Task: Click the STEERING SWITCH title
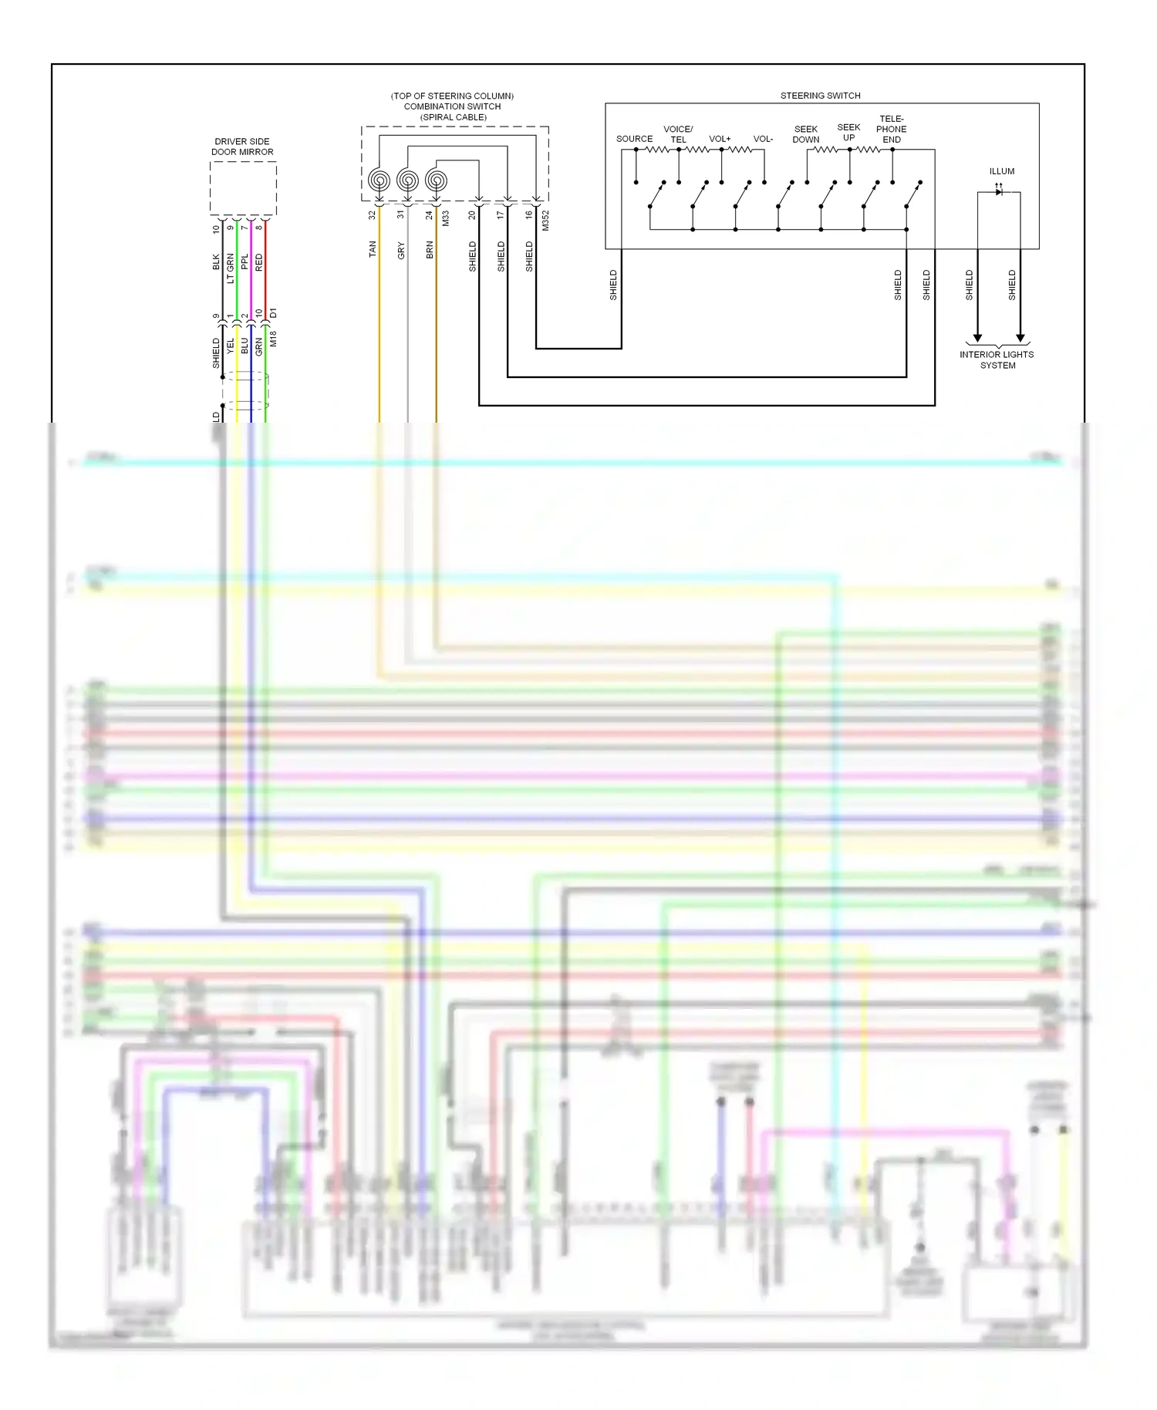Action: [x=820, y=96]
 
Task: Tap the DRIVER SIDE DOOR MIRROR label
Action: [x=242, y=147]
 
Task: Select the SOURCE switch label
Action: [x=634, y=139]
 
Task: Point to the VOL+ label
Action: [x=720, y=139]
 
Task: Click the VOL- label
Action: [x=763, y=139]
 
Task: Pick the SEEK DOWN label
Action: [x=806, y=134]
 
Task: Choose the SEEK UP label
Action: [x=848, y=133]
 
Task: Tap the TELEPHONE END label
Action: [x=892, y=129]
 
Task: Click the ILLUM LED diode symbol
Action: [x=999, y=191]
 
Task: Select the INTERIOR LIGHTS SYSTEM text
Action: [x=997, y=360]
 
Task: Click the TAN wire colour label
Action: [x=373, y=248]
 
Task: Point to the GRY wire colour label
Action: [x=401, y=250]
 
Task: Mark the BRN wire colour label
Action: [x=430, y=249]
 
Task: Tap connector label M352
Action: [x=545, y=221]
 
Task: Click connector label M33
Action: [x=445, y=218]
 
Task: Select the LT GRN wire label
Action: [x=230, y=268]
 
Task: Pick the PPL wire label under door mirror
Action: [x=245, y=261]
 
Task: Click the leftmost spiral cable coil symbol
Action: [x=379, y=180]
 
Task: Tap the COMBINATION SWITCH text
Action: [x=452, y=106]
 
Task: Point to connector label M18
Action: [x=273, y=338]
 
